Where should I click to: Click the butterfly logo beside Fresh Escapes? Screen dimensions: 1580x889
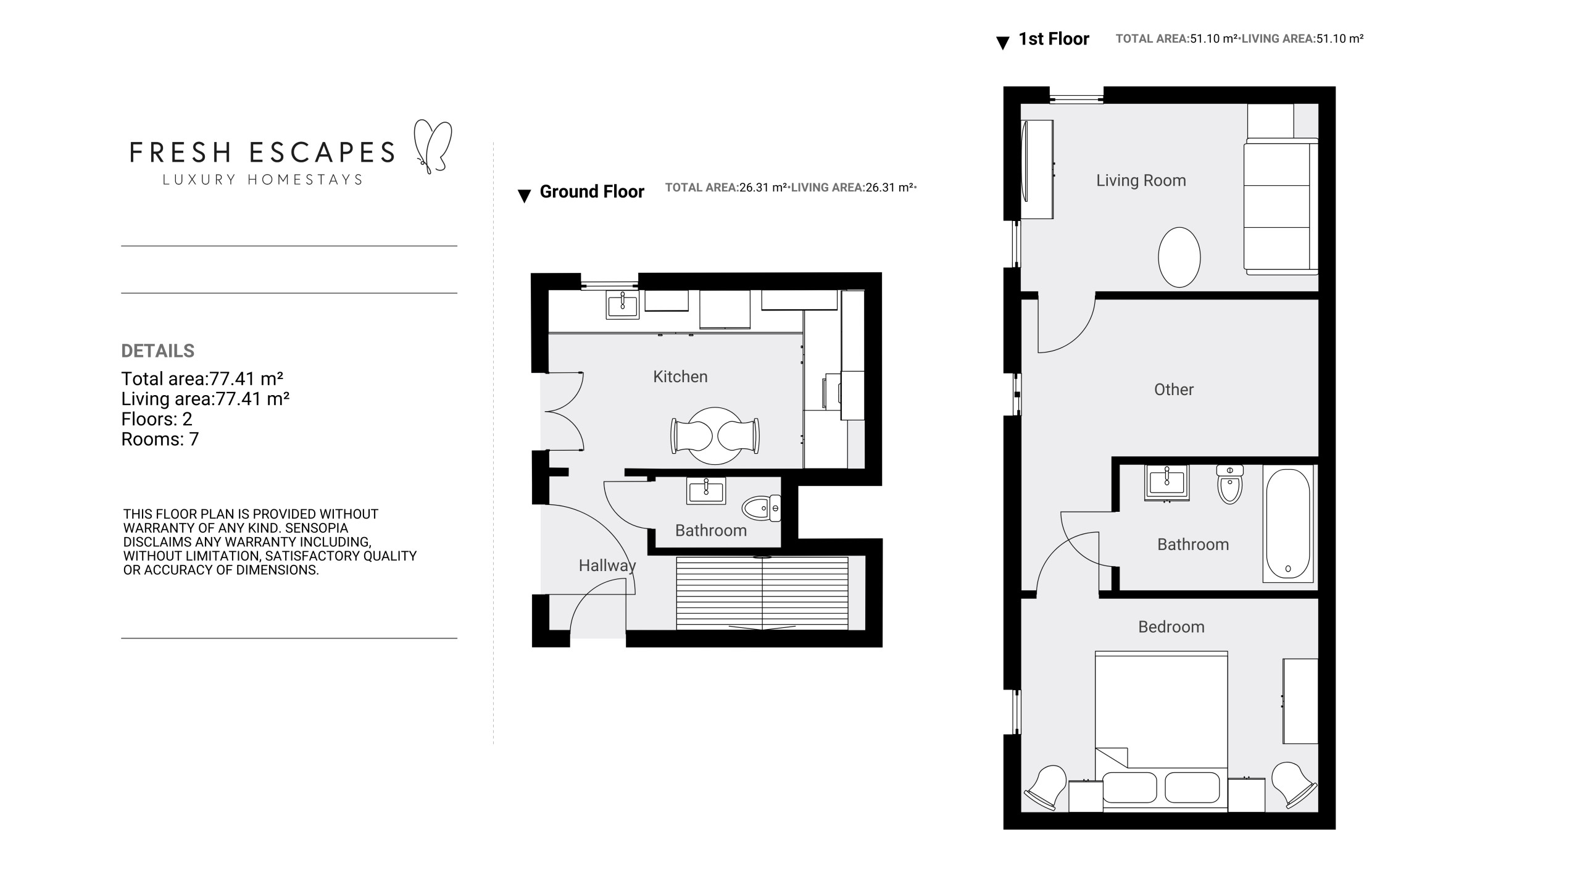[x=433, y=146]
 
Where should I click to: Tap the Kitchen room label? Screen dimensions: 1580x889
[x=680, y=377]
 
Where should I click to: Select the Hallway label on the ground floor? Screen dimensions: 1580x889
[x=607, y=566]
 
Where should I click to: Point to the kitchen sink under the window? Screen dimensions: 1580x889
[x=623, y=304]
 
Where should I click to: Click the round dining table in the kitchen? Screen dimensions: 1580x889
[x=715, y=436]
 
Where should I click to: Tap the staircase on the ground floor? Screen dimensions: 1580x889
[x=762, y=593]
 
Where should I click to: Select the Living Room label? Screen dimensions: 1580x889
[x=1141, y=180]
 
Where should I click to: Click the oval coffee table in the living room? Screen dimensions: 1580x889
[x=1179, y=257]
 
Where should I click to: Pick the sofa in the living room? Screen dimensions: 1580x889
[x=1281, y=206]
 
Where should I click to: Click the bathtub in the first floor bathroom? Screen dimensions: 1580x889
[x=1288, y=524]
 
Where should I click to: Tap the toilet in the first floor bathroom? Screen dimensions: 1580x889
[x=1230, y=484]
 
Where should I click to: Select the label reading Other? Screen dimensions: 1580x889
[x=1174, y=390]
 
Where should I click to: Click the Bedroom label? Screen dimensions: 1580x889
[x=1171, y=627]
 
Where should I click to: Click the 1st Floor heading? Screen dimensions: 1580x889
[x=1054, y=39]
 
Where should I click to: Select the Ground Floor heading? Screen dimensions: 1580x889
[x=592, y=192]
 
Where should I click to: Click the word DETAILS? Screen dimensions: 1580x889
[x=158, y=351]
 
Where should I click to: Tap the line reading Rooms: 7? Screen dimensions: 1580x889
[x=160, y=439]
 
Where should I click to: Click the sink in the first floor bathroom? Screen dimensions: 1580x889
[x=1167, y=482]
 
